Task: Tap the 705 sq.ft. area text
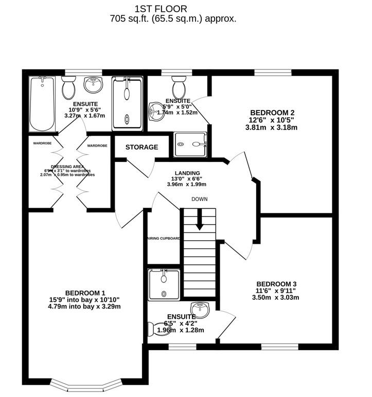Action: coord(173,19)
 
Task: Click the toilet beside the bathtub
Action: coord(68,88)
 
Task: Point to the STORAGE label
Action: coord(142,148)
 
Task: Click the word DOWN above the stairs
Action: coord(199,199)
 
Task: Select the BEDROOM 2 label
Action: coord(272,113)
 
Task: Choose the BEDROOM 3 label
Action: coord(276,284)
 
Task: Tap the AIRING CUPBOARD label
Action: coord(163,239)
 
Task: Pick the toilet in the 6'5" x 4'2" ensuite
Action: coord(155,328)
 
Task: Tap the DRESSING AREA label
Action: coord(64,167)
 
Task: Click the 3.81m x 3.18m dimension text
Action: coord(272,128)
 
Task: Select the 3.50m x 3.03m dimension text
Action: coord(276,297)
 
